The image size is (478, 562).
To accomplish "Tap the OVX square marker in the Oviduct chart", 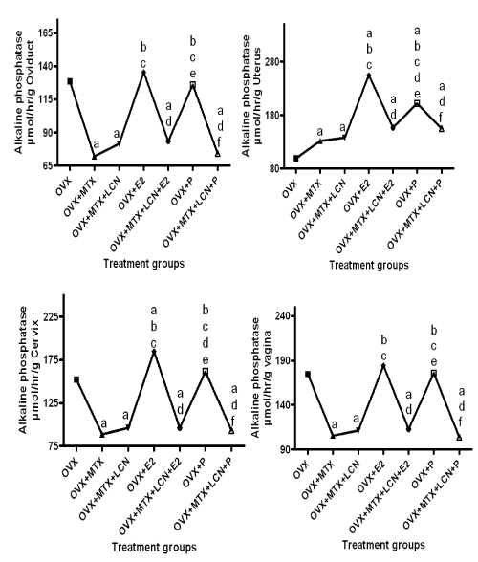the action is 70,81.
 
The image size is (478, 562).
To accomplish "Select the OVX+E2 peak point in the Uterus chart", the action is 369,75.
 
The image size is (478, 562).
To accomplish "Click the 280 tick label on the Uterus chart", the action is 272,61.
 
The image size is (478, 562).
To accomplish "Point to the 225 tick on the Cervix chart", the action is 52,317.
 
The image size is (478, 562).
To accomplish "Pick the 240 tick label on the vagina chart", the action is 283,315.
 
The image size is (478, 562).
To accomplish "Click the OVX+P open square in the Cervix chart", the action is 206,371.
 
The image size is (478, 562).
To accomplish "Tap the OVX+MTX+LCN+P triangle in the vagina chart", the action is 459,438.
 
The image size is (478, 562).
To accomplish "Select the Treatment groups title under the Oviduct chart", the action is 143,264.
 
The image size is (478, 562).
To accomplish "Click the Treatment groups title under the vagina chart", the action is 383,545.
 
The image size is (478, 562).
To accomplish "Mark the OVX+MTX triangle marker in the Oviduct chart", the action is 95,157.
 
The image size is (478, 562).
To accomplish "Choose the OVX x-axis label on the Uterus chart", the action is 290,189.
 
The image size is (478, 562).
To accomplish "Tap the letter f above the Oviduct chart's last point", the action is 219,142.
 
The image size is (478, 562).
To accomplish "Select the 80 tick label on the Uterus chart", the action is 274,168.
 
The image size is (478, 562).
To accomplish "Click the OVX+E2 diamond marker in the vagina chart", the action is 383,365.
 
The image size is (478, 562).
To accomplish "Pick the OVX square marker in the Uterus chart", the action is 296,158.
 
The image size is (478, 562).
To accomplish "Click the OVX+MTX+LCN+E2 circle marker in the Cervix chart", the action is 180,428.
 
